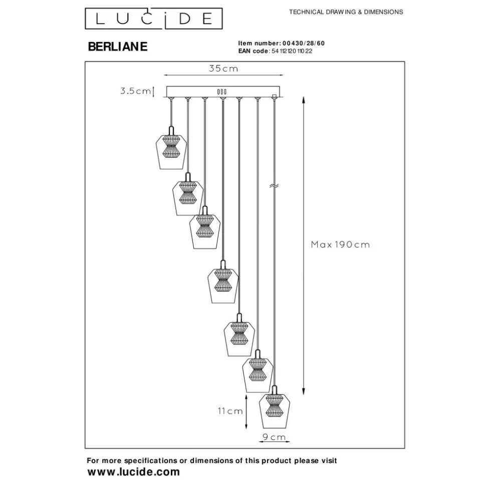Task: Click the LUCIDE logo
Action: coord(152,20)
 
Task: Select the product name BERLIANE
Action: coord(118,47)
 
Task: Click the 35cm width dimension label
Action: coord(223,69)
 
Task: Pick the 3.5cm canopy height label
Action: coord(135,91)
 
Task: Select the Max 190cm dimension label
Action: coord(340,245)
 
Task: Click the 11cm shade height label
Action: coord(230,411)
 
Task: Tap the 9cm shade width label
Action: coord(274,437)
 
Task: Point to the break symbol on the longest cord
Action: coord(274,187)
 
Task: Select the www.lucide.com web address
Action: coord(133,472)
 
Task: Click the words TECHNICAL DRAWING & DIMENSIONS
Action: coord(346,12)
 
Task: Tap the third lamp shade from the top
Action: coord(205,230)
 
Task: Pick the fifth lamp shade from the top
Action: coord(239,337)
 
